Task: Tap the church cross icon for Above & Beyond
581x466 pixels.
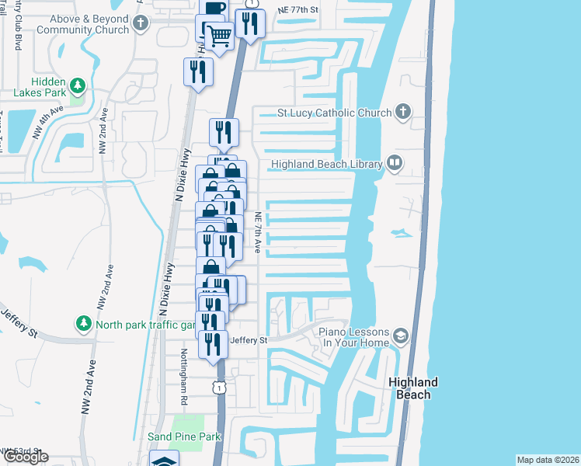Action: (x=140, y=24)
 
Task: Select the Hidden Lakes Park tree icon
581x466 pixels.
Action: (x=77, y=84)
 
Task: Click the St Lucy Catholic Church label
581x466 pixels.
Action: (x=335, y=113)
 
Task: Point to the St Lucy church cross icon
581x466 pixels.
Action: (x=402, y=113)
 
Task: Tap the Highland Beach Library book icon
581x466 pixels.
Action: (x=395, y=163)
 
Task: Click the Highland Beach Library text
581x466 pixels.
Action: (x=326, y=164)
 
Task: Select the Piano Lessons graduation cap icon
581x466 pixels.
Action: (x=401, y=336)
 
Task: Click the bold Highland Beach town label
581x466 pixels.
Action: (x=413, y=388)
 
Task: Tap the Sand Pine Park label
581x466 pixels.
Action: (x=184, y=436)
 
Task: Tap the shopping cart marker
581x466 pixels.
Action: (x=220, y=34)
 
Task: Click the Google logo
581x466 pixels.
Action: (x=26, y=457)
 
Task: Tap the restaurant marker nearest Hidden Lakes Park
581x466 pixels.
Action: (x=197, y=72)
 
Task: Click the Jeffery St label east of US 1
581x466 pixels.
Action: (x=249, y=340)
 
